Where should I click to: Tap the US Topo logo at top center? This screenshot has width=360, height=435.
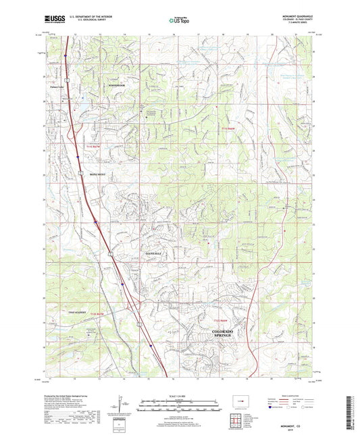tap(179, 21)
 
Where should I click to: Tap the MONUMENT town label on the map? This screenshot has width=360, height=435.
tap(99, 173)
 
